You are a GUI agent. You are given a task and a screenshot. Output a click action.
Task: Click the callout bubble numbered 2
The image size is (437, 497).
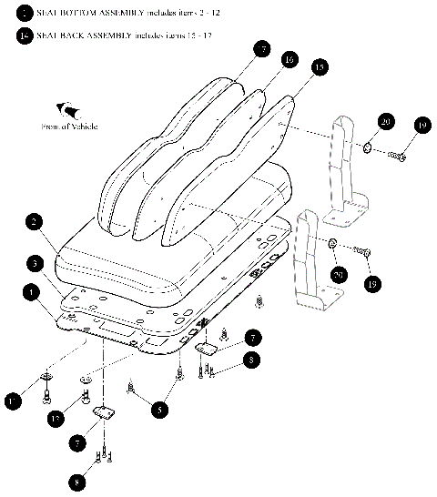pyautogui.click(x=32, y=221)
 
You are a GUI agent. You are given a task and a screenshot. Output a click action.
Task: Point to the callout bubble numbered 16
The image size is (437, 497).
pyautogui.click(x=289, y=59)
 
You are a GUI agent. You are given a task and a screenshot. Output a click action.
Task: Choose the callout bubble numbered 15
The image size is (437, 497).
pyautogui.click(x=318, y=68)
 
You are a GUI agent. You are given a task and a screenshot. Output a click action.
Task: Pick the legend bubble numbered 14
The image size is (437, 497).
pyautogui.click(x=22, y=35)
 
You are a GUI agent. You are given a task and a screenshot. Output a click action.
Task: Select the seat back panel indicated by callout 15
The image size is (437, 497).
pyautogui.click(x=232, y=182)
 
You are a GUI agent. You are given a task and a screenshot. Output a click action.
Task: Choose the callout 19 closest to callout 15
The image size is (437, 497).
pyautogui.click(x=422, y=125)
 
